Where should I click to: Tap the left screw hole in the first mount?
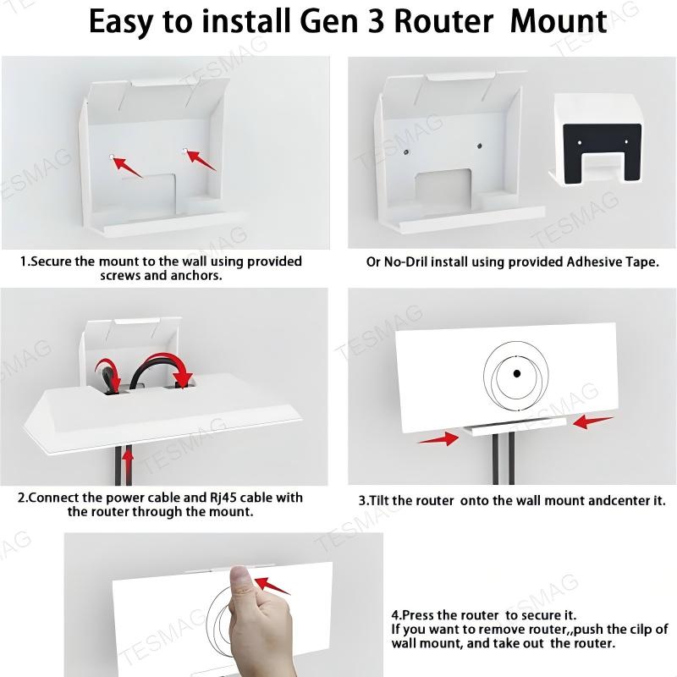(x=113, y=155)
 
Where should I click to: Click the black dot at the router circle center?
(x=515, y=374)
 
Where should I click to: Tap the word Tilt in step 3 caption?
(x=384, y=500)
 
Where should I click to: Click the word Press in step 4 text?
(x=418, y=615)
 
